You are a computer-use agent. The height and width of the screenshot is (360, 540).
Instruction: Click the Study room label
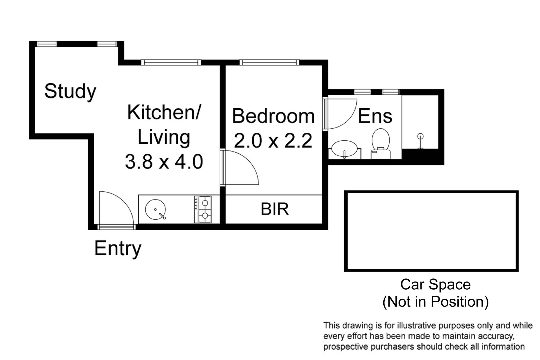(x=70, y=91)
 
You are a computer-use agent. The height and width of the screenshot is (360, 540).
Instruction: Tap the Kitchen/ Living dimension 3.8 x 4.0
(x=164, y=162)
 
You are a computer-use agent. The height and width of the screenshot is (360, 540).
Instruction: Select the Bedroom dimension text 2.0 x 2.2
(x=273, y=141)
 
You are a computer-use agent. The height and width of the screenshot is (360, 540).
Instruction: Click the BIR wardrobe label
(x=275, y=209)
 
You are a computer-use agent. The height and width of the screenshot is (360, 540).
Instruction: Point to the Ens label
(x=375, y=116)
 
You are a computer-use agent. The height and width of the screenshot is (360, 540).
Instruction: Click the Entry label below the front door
(x=118, y=249)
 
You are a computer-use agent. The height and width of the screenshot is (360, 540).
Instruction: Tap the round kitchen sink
(x=156, y=210)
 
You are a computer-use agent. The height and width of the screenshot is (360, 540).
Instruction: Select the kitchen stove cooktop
(x=203, y=210)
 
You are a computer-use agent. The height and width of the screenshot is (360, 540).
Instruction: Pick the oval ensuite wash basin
(x=345, y=148)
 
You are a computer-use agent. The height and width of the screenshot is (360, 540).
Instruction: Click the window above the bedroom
(x=269, y=62)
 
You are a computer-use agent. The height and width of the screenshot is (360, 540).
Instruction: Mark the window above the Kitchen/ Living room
(x=171, y=62)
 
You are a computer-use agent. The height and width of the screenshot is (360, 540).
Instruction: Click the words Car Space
(x=435, y=284)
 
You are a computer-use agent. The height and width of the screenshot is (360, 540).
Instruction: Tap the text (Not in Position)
(x=435, y=301)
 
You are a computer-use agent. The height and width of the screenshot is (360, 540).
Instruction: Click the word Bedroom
(x=273, y=116)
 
